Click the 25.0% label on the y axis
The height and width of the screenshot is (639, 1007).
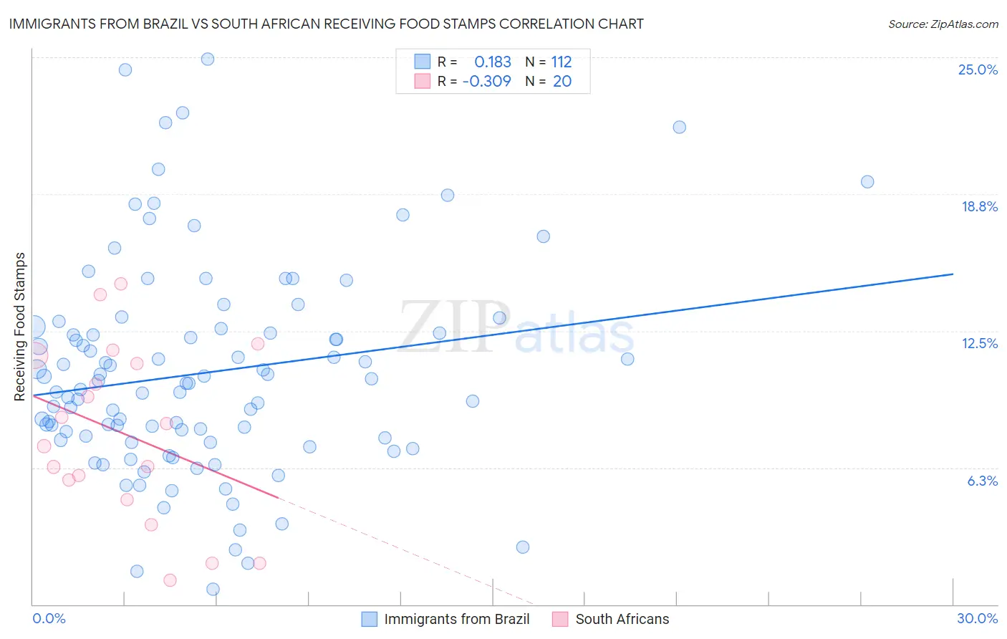click(978, 69)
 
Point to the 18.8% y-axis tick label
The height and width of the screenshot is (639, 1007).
click(979, 206)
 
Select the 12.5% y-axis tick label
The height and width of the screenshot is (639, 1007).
click(979, 343)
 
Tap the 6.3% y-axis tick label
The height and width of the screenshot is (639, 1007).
click(982, 481)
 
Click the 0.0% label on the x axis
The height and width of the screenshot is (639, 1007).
click(49, 618)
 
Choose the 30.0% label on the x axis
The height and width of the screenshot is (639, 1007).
click(977, 618)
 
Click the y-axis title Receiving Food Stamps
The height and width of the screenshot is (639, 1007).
click(19, 326)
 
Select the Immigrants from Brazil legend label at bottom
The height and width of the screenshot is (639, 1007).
click(456, 619)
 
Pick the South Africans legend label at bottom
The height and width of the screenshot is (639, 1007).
click(622, 619)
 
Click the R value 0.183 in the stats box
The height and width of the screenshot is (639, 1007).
click(493, 62)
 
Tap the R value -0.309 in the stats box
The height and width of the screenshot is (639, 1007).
click(487, 81)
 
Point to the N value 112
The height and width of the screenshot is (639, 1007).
click(562, 62)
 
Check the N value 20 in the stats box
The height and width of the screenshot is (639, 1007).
click(562, 81)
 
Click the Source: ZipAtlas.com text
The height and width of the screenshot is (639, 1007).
click(943, 24)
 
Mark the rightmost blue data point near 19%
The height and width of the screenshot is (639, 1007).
click(867, 182)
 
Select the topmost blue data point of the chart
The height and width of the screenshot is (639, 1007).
click(208, 59)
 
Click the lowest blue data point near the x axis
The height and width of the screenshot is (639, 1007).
click(213, 589)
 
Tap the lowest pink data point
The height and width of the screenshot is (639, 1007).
click(170, 580)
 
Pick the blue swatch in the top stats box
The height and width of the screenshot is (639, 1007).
click(423, 62)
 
